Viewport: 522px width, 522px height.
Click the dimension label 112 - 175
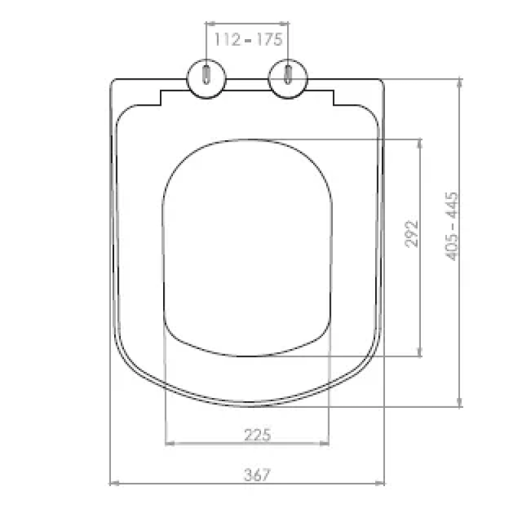point(249,39)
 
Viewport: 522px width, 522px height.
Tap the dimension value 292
point(412,234)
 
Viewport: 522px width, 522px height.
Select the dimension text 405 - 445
point(452,226)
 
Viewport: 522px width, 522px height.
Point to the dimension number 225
point(257,435)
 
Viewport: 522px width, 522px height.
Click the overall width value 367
point(257,475)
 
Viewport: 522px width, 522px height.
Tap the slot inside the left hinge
point(206,74)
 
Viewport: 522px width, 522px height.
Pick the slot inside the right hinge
point(288,74)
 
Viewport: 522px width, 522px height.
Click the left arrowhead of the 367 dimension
point(114,484)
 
